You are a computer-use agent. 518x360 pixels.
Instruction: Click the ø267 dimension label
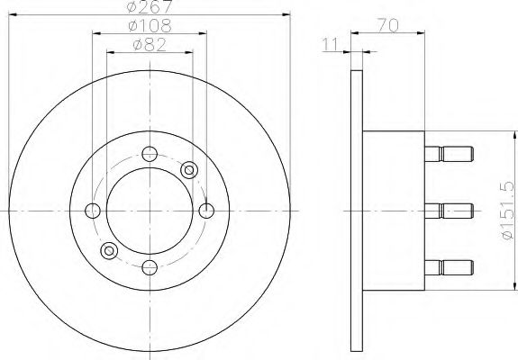[150, 9]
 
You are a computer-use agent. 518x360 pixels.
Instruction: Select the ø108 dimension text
[150, 27]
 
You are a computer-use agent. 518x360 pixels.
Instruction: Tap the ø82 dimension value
[150, 45]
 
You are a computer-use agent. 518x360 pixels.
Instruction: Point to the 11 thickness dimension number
[333, 42]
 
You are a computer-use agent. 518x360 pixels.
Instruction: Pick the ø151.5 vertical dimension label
[507, 210]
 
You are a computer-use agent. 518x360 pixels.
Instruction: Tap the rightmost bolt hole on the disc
[206, 211]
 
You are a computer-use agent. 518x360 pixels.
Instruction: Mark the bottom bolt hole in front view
[150, 267]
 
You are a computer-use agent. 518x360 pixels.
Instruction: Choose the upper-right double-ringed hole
[189, 170]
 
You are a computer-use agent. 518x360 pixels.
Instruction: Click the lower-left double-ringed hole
[110, 251]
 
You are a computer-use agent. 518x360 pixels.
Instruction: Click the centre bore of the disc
[150, 211]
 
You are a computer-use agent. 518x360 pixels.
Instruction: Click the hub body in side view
[393, 211]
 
